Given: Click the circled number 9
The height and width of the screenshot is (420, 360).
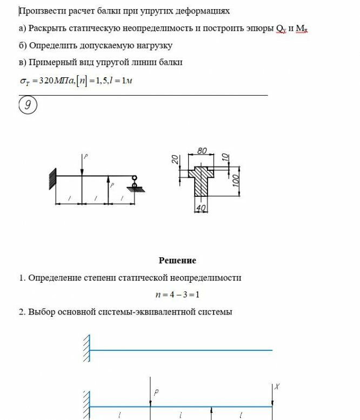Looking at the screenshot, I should tap(28, 106).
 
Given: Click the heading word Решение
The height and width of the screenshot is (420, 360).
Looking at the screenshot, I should tap(177, 261).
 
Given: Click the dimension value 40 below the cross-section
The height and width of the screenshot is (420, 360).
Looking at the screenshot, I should tap(202, 209).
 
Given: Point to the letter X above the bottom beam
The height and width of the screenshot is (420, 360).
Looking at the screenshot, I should tap(277, 386).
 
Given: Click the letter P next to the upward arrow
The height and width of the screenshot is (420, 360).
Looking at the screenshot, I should tap(112, 185).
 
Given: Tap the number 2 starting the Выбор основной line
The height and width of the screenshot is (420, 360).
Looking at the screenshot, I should tap(22, 312).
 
